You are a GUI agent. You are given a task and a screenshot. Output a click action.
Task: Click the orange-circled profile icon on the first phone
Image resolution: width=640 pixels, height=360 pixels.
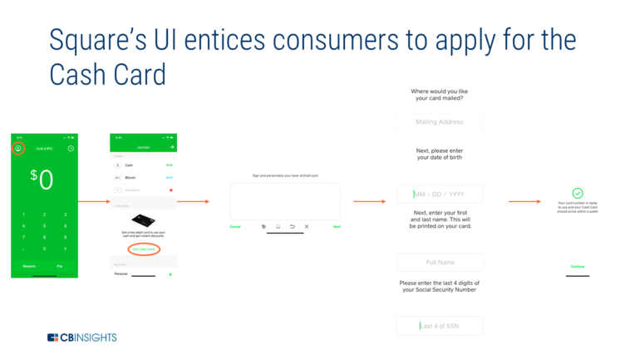pos(18,149)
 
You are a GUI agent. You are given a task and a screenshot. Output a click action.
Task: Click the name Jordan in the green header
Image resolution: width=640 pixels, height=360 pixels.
pos(143,147)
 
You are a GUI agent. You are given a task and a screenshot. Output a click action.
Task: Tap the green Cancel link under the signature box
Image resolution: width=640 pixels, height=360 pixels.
pos(235,226)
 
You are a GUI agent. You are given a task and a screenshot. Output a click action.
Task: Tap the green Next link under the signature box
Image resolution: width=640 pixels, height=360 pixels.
pos(337,226)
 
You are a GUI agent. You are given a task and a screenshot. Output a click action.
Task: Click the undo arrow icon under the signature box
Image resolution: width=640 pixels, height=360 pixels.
pos(293,226)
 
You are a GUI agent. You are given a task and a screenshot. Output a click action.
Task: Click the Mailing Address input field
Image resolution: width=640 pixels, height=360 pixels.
pos(439,122)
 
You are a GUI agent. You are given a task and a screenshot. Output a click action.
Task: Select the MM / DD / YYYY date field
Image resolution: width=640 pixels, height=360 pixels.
pos(439,195)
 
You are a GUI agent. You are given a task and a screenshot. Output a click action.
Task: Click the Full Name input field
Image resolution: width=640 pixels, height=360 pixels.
pos(439,263)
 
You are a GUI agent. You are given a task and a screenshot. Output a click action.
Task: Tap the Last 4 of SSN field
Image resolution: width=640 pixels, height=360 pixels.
pos(439,326)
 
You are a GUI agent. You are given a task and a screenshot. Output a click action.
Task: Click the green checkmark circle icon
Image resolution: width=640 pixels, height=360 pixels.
pos(578,193)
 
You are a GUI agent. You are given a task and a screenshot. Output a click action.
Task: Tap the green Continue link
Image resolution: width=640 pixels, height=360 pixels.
pos(578,267)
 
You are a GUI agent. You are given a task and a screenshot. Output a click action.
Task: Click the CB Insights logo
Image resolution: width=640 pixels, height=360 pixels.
pos(81,338)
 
